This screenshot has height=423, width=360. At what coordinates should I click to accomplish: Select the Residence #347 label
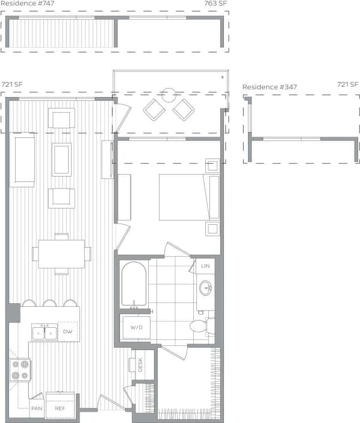coord(270,87)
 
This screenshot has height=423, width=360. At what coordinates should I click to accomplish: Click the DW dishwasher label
coord(68,332)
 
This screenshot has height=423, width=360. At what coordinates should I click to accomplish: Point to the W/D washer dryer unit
coord(135,328)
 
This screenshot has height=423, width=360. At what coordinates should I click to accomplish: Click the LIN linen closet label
coord(205,266)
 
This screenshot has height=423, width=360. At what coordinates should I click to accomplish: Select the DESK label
coord(140,366)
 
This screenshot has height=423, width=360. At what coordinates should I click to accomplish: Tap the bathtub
coord(133,284)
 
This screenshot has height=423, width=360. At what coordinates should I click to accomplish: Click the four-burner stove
coord(19,369)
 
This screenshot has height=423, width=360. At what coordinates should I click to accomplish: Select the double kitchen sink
coord(45,332)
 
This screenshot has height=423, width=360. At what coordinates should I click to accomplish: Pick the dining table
coord(61,254)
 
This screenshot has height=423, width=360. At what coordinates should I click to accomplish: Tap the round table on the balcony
coord(169,95)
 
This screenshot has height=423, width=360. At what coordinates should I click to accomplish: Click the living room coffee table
coord(61,159)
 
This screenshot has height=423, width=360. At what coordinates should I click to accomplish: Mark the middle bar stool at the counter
coord(50,303)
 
